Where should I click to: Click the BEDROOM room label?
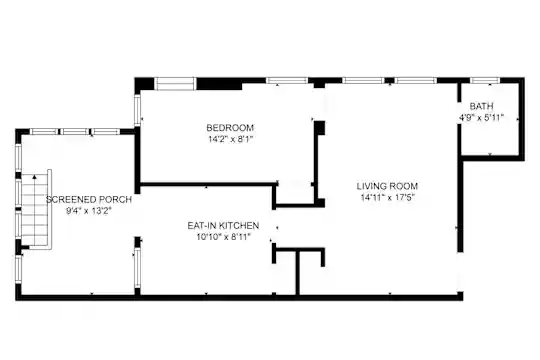point(230,128)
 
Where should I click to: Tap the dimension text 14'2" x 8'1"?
point(230,140)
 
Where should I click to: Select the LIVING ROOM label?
point(387,186)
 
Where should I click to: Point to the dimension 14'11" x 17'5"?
point(387,198)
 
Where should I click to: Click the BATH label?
point(481,106)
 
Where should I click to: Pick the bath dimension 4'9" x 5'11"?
point(481,117)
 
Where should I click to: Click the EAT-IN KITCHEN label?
point(223,226)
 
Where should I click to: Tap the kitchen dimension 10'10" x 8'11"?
point(223,237)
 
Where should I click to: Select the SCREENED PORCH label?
point(89,199)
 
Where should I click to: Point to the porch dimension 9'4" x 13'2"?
point(89,211)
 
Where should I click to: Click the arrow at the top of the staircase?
point(34,177)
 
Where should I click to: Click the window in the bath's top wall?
point(485,80)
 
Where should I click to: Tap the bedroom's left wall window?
point(137,110)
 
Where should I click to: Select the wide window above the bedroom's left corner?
point(175,83)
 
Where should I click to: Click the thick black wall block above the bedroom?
point(219,84)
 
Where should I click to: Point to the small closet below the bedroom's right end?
point(295,194)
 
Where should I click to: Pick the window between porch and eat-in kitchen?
point(137,268)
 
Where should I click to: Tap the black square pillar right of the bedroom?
point(320,128)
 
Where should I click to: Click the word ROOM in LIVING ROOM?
point(404,186)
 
